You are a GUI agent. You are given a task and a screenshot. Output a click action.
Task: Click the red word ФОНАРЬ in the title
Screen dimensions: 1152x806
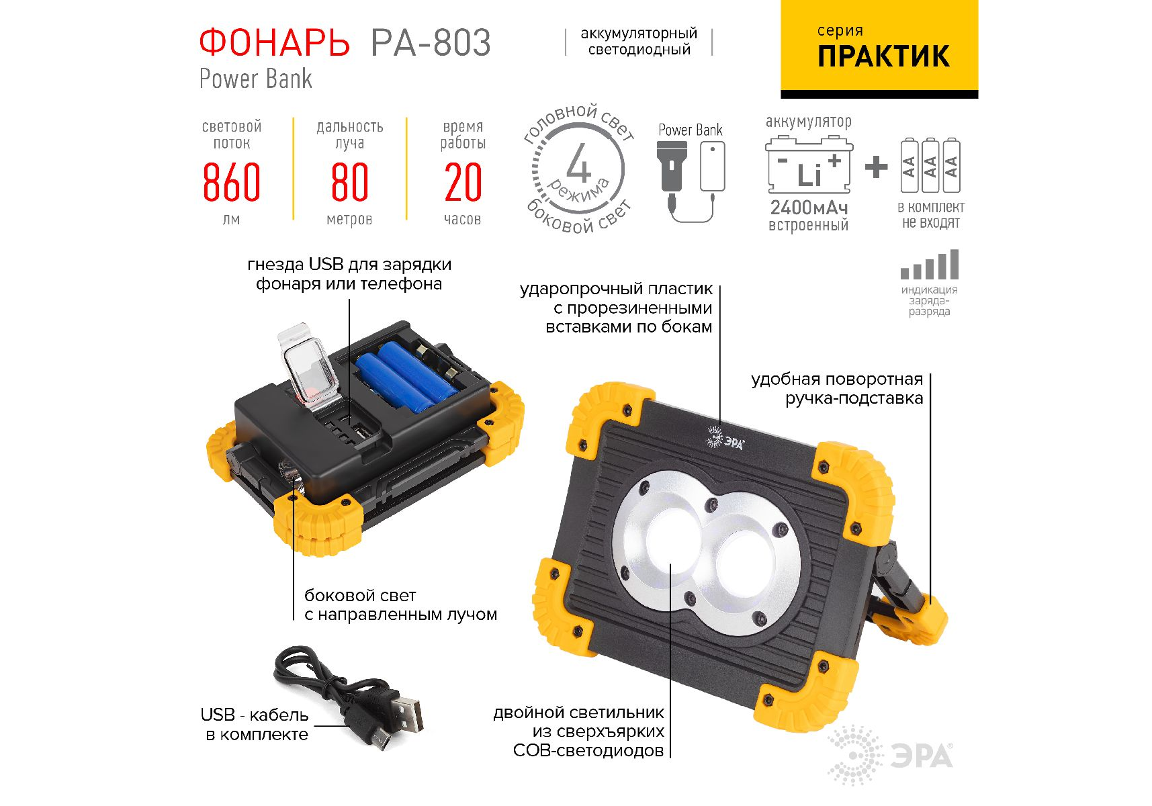click(274, 43)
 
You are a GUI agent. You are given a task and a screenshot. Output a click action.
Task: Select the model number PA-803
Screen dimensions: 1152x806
click(431, 43)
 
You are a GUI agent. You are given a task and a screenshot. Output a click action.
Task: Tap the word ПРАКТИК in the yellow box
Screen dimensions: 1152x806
click(883, 56)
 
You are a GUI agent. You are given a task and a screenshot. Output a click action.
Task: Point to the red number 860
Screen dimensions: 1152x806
click(231, 182)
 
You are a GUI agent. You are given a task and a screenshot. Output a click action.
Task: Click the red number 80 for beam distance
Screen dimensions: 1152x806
click(349, 182)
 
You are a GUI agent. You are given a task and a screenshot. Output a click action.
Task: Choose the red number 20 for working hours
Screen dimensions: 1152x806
click(463, 182)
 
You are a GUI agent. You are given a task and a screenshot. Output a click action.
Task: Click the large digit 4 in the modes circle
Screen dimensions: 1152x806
click(578, 163)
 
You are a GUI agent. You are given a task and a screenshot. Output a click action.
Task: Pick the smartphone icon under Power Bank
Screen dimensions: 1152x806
click(712, 167)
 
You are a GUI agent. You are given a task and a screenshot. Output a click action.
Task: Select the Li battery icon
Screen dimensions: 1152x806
click(809, 165)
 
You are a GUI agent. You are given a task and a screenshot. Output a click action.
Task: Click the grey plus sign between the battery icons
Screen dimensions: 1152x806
click(875, 167)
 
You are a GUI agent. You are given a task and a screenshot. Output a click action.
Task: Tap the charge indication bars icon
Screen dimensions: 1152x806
click(930, 265)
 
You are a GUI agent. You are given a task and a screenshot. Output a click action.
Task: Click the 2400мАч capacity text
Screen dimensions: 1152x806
click(809, 208)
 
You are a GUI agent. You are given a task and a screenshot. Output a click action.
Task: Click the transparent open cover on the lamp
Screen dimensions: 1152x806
click(310, 365)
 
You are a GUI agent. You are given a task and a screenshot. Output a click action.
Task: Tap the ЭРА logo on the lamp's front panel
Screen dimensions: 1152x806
click(725, 439)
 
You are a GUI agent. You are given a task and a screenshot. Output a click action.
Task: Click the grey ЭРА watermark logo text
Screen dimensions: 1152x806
click(922, 756)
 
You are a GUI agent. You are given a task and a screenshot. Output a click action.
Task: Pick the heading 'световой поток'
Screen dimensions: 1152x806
click(232, 134)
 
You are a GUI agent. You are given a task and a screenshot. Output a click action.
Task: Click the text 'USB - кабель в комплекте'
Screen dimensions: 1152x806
click(255, 725)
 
